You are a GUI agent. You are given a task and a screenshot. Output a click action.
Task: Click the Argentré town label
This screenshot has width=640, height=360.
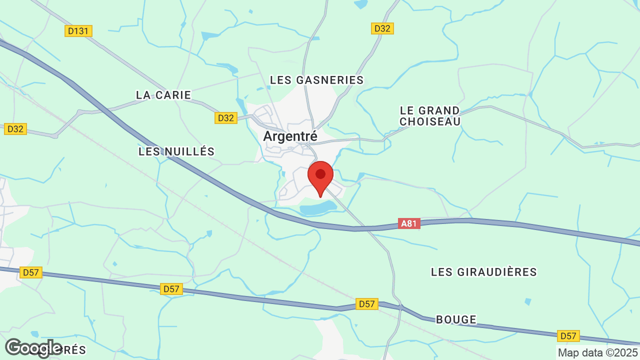click(290, 136)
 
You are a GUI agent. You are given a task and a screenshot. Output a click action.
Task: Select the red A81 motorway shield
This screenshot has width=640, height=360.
click(409, 223)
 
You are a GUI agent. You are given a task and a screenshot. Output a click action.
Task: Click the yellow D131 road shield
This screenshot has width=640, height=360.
click(78, 31)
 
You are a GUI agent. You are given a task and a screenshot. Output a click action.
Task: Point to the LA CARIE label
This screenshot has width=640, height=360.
click(163, 95)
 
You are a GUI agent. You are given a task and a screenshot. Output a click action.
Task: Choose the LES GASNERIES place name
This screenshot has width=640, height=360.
click(316, 80)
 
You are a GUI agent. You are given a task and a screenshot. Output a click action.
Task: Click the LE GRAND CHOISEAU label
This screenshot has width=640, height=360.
click(430, 115)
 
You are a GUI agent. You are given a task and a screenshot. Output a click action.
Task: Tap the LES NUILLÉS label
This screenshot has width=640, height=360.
click(176, 151)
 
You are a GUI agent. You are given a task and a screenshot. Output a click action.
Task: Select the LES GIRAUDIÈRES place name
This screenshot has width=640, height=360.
click(483, 272)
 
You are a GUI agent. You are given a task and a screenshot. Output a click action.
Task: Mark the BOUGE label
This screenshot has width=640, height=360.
click(456, 319)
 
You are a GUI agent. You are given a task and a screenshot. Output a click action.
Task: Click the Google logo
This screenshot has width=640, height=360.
click(33, 348)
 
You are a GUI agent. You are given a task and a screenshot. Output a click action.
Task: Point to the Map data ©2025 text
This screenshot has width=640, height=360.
click(598, 352)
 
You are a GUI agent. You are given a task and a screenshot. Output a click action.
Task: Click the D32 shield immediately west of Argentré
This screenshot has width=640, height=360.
click(226, 118)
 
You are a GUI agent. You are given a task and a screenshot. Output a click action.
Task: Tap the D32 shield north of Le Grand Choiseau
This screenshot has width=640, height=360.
click(382, 28)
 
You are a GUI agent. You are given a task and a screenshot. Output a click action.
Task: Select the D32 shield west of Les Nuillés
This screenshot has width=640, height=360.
click(15, 129)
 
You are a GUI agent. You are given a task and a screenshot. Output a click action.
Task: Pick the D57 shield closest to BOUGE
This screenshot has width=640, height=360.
click(366, 304)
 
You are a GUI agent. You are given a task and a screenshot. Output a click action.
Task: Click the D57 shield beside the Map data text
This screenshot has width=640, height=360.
click(568, 336)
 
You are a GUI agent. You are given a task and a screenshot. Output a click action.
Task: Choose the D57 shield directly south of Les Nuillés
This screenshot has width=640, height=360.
click(171, 289)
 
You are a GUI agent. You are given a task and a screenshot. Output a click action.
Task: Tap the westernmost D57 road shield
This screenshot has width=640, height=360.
click(31, 272)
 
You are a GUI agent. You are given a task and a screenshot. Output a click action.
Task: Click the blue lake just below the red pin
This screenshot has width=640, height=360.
click(317, 207)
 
